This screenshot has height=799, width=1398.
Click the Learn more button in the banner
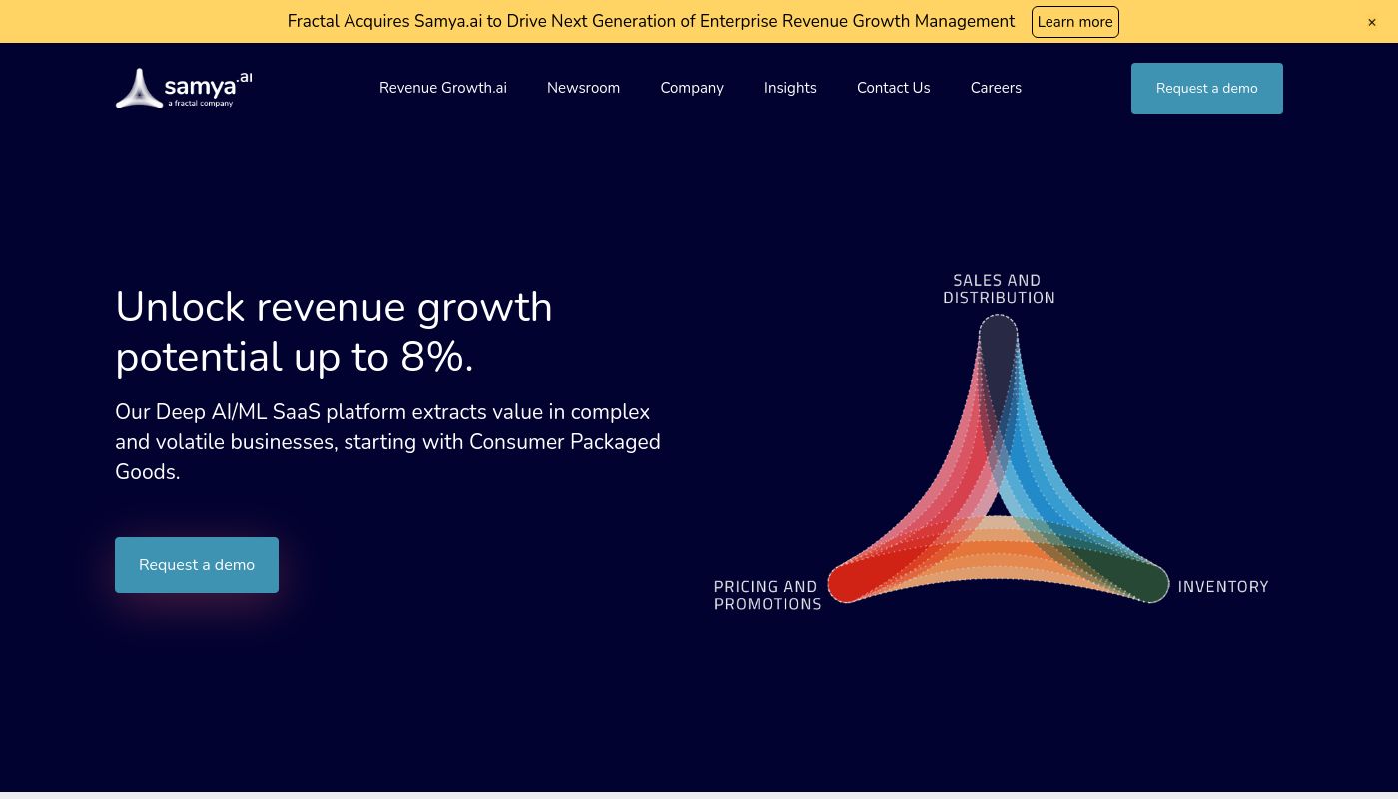click(x=1074, y=22)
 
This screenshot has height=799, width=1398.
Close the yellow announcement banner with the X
click(x=1372, y=22)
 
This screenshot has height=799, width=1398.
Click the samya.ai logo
click(x=184, y=88)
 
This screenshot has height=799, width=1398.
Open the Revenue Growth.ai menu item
click(x=443, y=88)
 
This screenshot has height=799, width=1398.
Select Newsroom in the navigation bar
click(x=583, y=88)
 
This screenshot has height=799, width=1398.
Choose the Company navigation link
click(x=692, y=88)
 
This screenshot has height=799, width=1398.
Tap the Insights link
click(x=790, y=88)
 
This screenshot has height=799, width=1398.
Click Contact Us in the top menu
click(x=893, y=88)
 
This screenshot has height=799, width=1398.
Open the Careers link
click(x=996, y=88)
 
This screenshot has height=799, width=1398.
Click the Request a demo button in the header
click(x=1207, y=88)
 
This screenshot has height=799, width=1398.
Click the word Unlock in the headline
click(x=180, y=307)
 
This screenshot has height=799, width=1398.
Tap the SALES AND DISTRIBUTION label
click(x=999, y=289)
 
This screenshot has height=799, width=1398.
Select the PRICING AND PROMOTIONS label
click(x=767, y=595)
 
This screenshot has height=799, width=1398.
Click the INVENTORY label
click(x=1223, y=587)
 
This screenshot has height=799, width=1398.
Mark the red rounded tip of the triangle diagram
click(x=848, y=583)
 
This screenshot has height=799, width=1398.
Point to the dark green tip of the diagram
click(x=1149, y=583)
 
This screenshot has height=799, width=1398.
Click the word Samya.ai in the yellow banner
click(x=448, y=22)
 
